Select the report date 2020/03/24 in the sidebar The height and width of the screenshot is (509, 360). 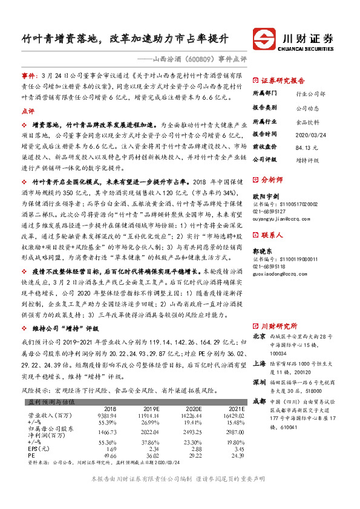[308, 134]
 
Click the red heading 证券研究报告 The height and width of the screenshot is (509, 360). [283, 80]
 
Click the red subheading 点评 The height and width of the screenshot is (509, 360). [28, 111]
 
